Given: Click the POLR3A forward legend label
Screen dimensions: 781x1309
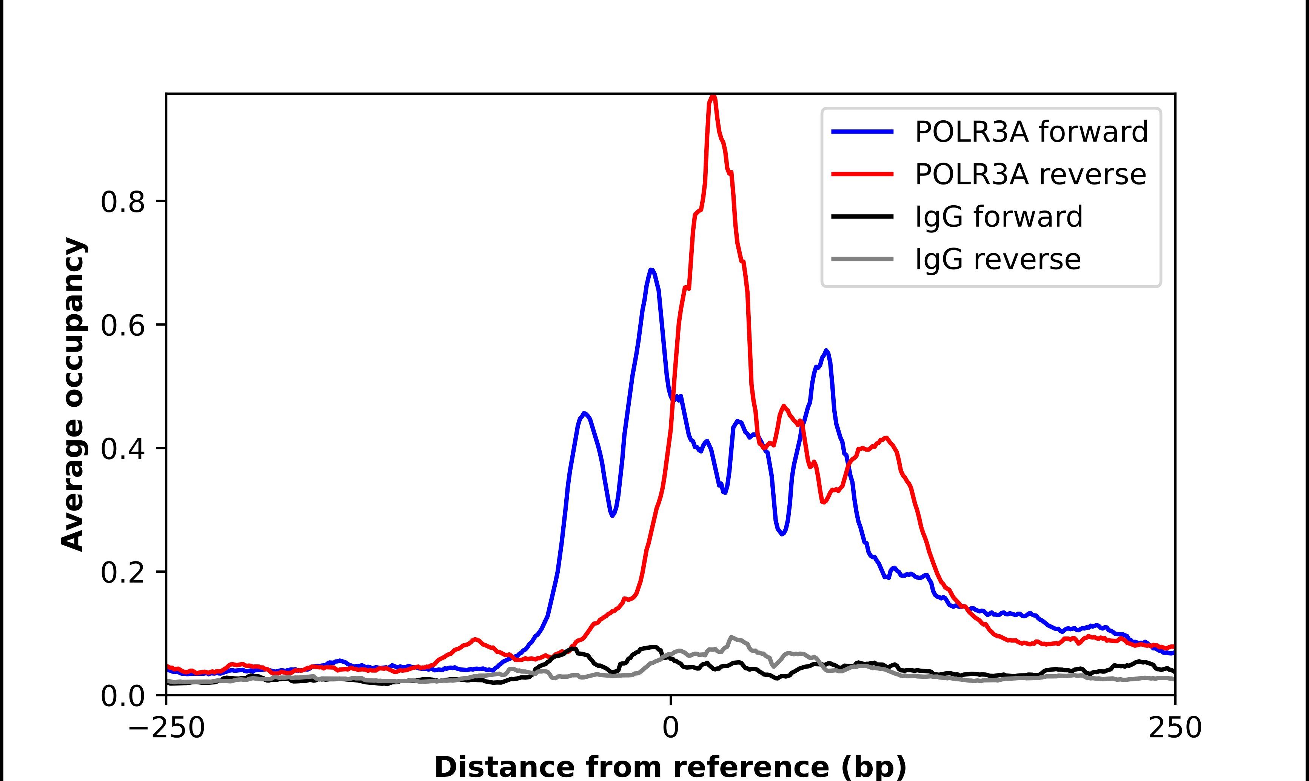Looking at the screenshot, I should [x=1030, y=132].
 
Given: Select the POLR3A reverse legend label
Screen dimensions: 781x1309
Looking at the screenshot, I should [x=1030, y=174].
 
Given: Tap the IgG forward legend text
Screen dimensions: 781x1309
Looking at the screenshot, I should [x=998, y=217].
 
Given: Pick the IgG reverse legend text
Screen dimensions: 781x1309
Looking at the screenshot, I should [x=997, y=260].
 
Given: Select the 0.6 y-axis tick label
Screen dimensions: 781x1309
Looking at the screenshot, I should [x=123, y=325].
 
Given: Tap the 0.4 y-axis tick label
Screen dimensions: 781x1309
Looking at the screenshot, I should [x=123, y=449].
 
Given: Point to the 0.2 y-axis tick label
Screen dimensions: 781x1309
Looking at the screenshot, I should [x=123, y=573].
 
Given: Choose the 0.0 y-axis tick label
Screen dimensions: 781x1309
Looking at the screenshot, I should [x=123, y=696].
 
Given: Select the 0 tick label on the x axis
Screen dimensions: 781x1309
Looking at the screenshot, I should [x=671, y=728].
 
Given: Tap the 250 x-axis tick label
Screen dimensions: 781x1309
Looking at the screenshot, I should [x=1175, y=728].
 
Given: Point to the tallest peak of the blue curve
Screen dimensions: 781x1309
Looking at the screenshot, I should [x=651, y=270].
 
